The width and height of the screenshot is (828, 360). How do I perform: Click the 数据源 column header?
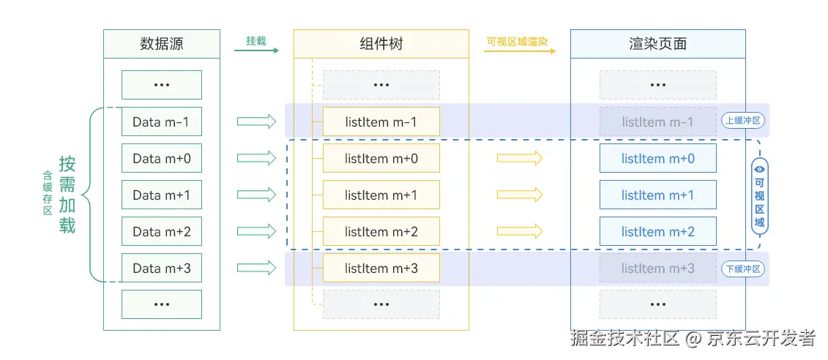click(161, 44)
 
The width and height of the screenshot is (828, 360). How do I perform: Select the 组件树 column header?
click(381, 44)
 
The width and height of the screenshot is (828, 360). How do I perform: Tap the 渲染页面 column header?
click(657, 44)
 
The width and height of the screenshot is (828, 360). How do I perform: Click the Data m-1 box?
click(161, 121)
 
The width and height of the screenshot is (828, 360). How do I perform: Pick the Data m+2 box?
click(161, 231)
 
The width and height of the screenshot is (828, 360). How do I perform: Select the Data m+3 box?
click(161, 268)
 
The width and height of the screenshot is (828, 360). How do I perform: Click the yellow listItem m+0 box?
click(381, 158)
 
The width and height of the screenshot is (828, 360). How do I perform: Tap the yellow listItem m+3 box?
click(381, 268)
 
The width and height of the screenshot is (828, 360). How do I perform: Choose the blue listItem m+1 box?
click(657, 195)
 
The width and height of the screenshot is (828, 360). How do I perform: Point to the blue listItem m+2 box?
click(657, 231)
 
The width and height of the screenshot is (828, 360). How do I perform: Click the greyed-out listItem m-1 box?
click(657, 121)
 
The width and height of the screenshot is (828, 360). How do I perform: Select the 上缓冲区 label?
click(742, 121)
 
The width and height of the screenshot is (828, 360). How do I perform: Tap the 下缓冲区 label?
click(742, 269)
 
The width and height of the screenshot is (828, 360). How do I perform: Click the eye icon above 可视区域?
click(760, 168)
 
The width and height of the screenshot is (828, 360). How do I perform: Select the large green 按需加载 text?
click(67, 195)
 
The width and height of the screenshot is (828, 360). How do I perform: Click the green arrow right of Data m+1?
click(256, 195)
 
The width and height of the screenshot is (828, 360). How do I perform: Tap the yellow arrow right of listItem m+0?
click(520, 158)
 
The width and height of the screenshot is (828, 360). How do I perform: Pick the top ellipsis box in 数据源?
click(161, 85)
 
